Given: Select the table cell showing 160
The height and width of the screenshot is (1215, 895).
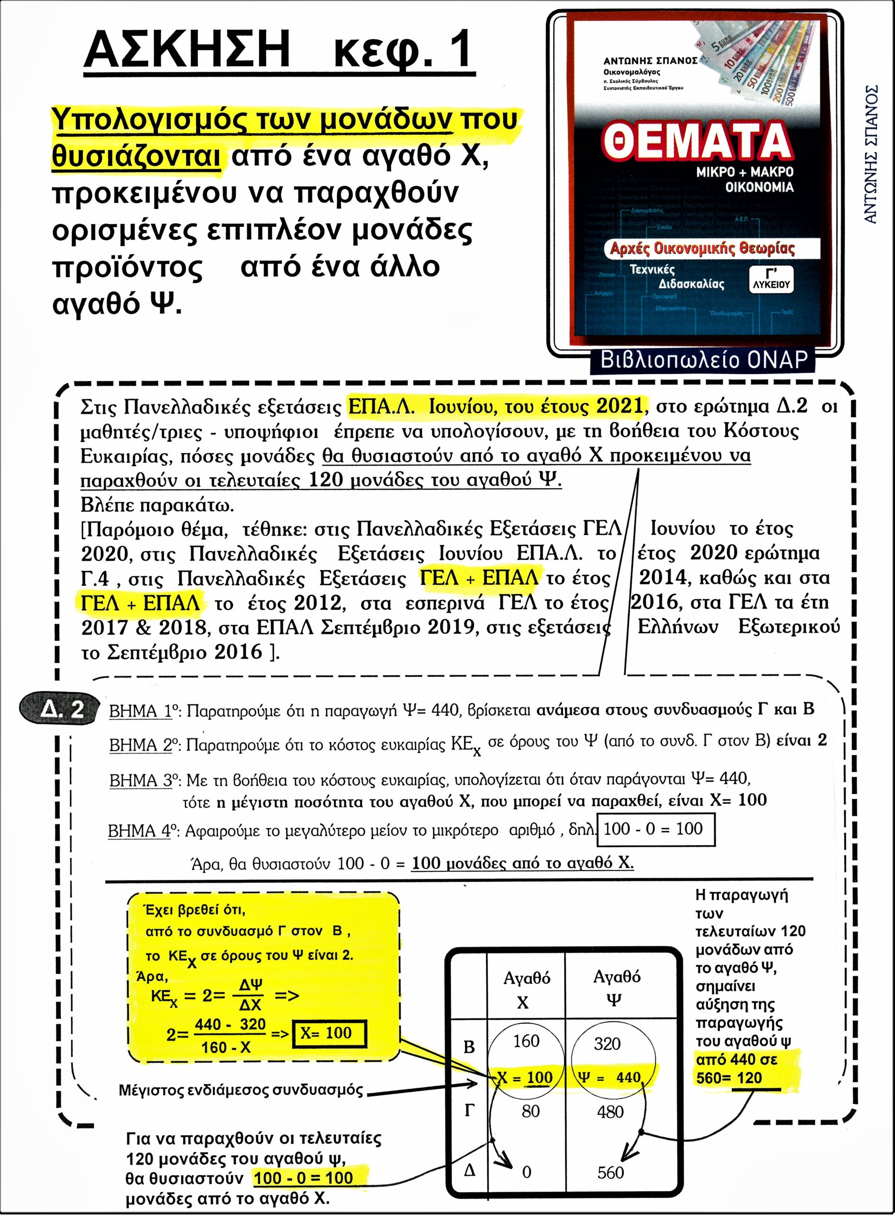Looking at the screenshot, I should [526, 1040].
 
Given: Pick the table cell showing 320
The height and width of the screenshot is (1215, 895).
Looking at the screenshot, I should [607, 1043].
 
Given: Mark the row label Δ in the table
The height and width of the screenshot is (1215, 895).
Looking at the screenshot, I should [469, 1170].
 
